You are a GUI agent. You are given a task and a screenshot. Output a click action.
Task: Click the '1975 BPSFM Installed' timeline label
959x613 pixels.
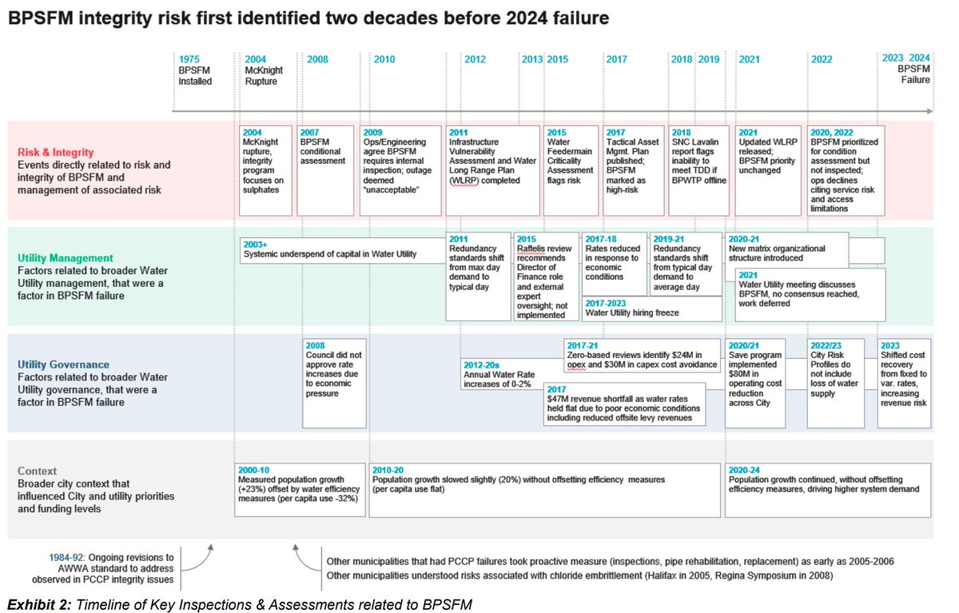pyautogui.click(x=195, y=70)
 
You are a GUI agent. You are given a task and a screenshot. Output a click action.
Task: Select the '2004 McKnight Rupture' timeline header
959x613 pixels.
pyautogui.click(x=264, y=70)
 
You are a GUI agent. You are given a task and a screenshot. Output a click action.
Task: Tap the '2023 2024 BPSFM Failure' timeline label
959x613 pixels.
pyautogui.click(x=908, y=70)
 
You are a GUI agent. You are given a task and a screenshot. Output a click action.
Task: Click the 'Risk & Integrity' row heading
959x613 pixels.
pyautogui.click(x=57, y=152)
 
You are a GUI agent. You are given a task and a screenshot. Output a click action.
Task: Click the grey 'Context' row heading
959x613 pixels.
pyautogui.click(x=38, y=472)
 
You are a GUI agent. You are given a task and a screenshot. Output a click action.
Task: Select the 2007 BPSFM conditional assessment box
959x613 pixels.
pyautogui.click(x=325, y=170)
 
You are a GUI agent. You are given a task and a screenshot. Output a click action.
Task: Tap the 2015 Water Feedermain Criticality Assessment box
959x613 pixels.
pyautogui.click(x=571, y=170)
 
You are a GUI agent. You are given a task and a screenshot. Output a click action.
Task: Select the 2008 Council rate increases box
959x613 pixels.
pyautogui.click(x=332, y=384)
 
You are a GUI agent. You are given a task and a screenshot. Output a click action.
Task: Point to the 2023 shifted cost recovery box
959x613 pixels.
pyautogui.click(x=905, y=384)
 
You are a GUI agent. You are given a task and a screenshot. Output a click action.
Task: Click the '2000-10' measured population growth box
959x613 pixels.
pyautogui.click(x=300, y=489)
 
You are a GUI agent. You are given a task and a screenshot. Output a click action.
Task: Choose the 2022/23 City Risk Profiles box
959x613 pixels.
pyautogui.click(x=836, y=384)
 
